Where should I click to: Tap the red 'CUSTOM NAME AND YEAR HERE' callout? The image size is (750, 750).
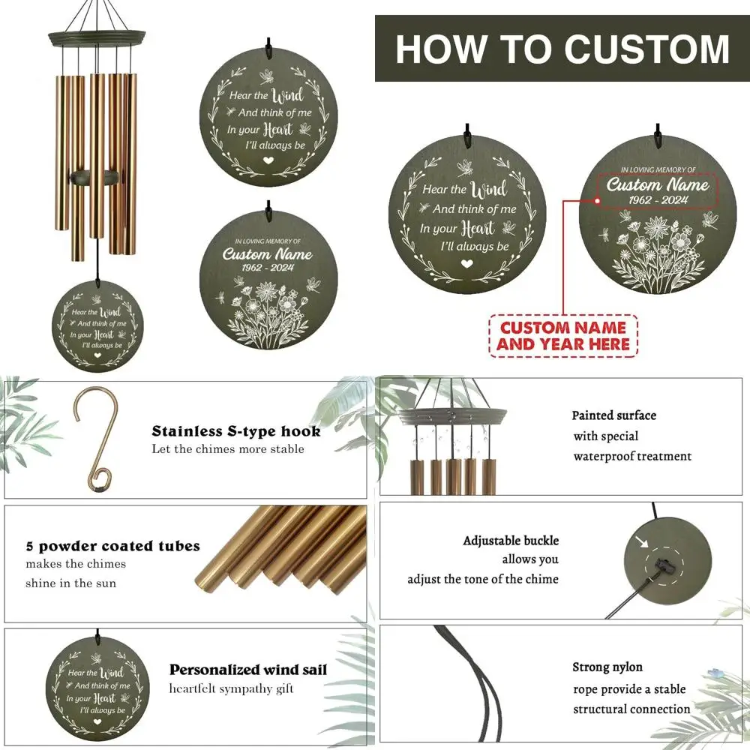click(x=562, y=335)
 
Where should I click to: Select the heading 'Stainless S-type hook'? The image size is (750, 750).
click(x=236, y=431)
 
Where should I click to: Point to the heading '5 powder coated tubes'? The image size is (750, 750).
click(x=113, y=546)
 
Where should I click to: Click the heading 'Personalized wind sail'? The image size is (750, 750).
click(x=248, y=670)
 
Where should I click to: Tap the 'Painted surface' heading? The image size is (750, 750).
click(x=613, y=415)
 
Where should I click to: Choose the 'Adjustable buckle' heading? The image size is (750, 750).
click(x=511, y=541)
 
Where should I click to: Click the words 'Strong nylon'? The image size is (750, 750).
click(x=607, y=667)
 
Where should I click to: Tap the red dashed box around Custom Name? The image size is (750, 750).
click(x=658, y=192)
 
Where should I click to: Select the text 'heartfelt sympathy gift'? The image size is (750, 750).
click(x=231, y=689)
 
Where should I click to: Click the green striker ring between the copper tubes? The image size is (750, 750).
click(x=92, y=177)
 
